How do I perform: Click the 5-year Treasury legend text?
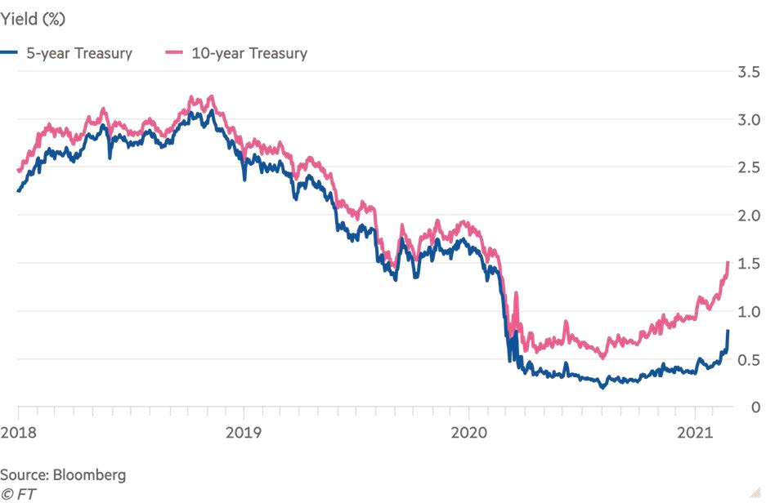point(78,54)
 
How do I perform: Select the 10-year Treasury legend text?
point(249,54)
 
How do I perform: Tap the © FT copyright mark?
point(19,493)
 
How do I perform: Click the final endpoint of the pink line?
point(728,262)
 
